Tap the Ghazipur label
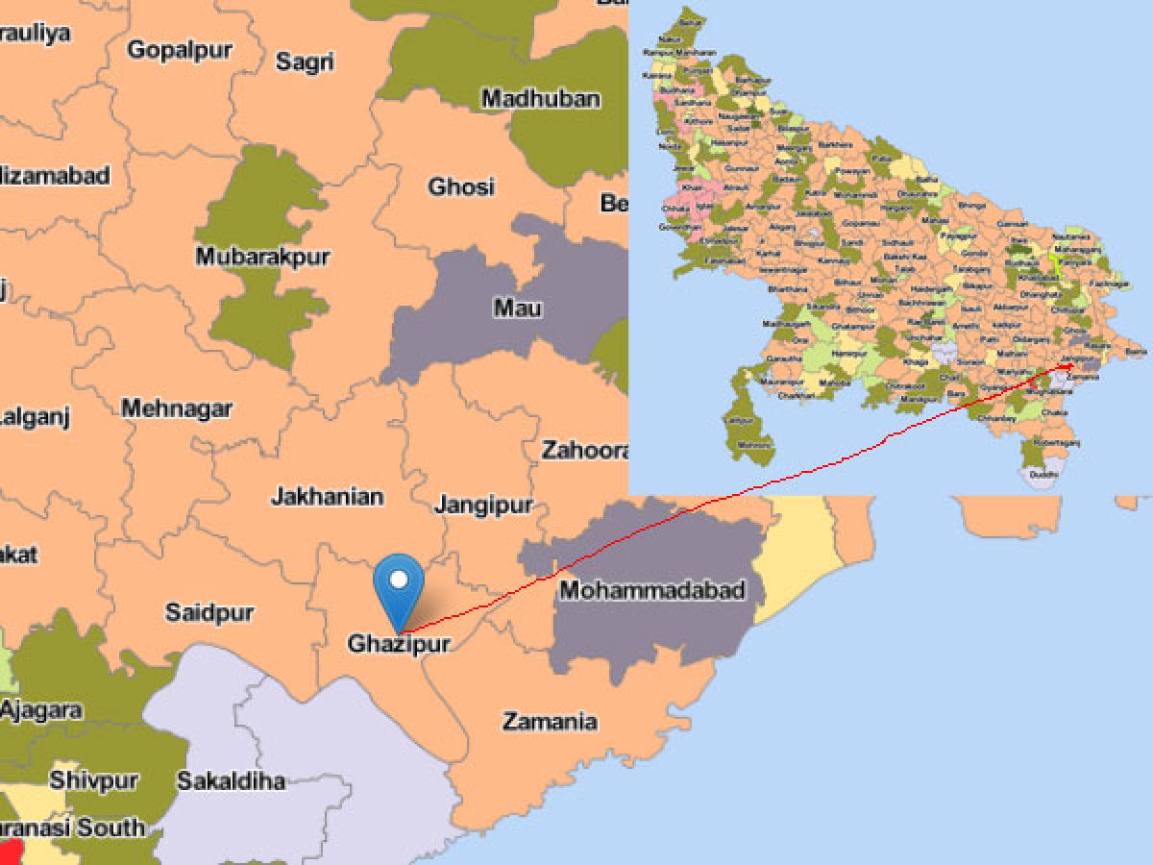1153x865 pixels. pyautogui.click(x=399, y=643)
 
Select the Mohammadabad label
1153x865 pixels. pyautogui.click(x=651, y=590)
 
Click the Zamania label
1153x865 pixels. pyautogui.click(x=550, y=721)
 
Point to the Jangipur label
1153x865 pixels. pyautogui.click(x=483, y=505)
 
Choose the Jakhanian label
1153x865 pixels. pyautogui.click(x=327, y=497)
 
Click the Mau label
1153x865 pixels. pyautogui.click(x=517, y=308)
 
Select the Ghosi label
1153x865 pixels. pyautogui.click(x=461, y=185)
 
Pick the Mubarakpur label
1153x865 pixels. pyautogui.click(x=262, y=257)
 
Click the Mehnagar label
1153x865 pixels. pyautogui.click(x=177, y=408)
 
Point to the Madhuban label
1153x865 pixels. pyautogui.click(x=541, y=98)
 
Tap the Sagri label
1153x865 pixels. pyautogui.click(x=305, y=62)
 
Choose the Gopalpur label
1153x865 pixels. pyautogui.click(x=180, y=50)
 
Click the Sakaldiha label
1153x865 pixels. pyautogui.click(x=231, y=780)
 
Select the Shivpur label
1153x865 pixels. pyautogui.click(x=94, y=778)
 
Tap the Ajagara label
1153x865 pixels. pyautogui.click(x=40, y=710)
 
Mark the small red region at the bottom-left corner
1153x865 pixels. pyautogui.click(x=9, y=852)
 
